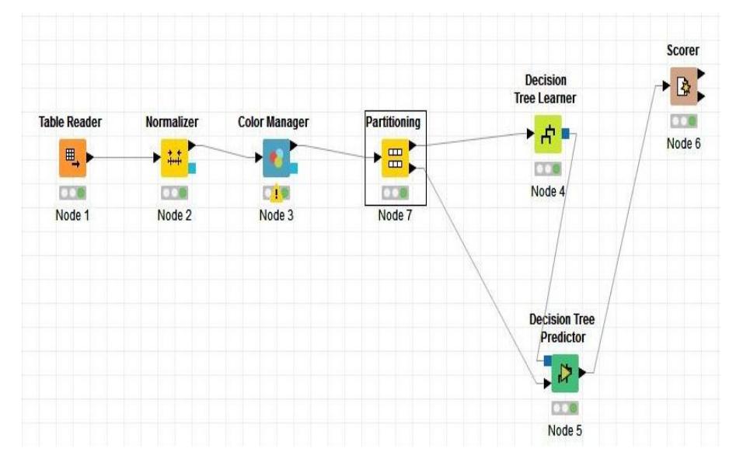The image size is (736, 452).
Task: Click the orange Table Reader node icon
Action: pos(72,158)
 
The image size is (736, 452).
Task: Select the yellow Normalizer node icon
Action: pos(174,158)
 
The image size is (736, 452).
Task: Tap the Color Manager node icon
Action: pos(276,158)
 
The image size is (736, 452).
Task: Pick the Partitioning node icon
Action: pos(395,158)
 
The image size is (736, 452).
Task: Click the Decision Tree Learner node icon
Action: pos(547,134)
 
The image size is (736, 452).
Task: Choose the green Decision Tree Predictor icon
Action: pos(565,374)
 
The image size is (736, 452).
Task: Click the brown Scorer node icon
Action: pos(684,87)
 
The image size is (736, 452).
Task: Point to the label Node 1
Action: pos(72,215)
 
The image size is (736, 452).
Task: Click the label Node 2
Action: pos(174,215)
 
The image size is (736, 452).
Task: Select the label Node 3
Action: pos(276,215)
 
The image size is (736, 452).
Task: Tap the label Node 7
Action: pos(395,215)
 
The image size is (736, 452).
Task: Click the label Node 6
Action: pos(684,144)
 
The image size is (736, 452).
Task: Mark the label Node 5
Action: pos(564,430)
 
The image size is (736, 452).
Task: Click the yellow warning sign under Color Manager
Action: pos(276,193)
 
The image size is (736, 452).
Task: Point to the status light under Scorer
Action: pos(684,121)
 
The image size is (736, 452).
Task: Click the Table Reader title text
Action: pos(71,123)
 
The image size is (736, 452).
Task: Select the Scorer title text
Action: pos(683,50)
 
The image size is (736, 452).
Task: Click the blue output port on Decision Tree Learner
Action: pos(566,134)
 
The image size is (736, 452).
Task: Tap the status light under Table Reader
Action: pos(72,192)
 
